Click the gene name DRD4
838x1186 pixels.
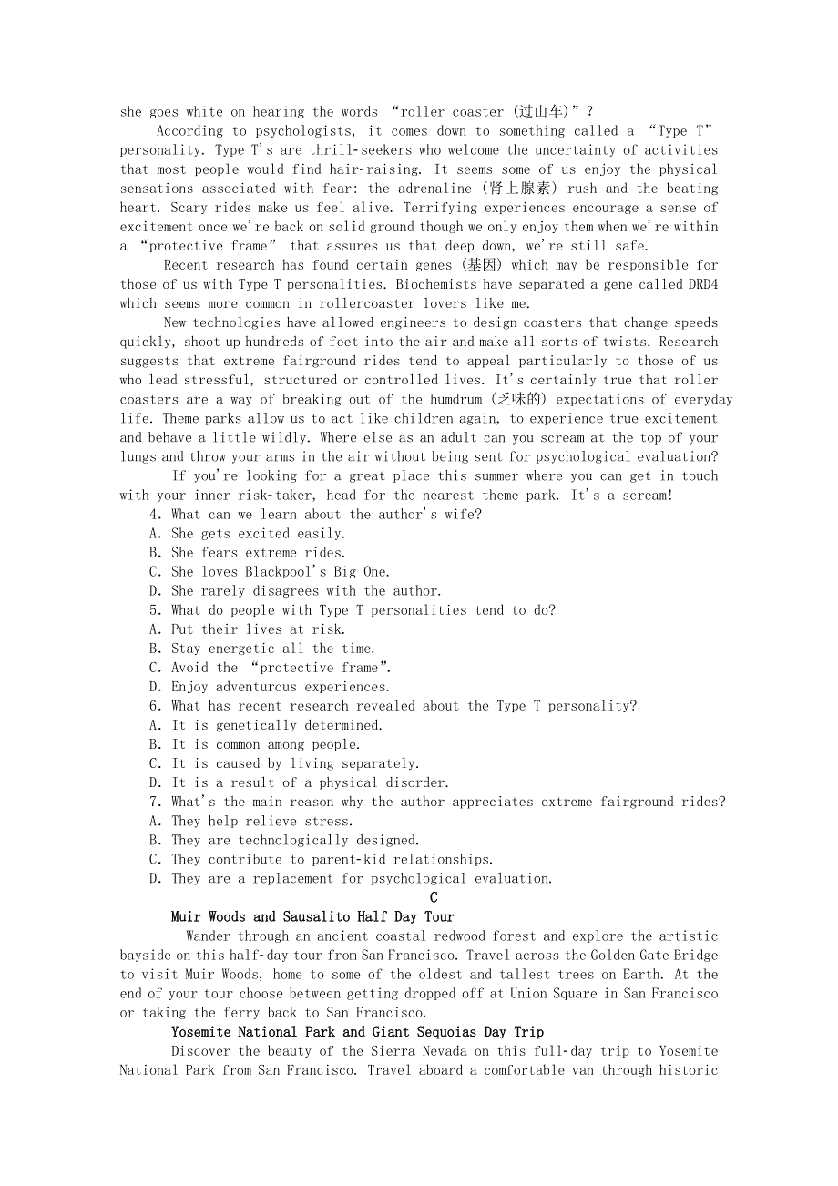coord(700,284)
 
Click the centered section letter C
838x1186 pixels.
coord(434,898)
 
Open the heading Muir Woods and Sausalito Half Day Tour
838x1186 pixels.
coord(312,917)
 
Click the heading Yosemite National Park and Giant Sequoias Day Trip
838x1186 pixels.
coord(357,1032)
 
